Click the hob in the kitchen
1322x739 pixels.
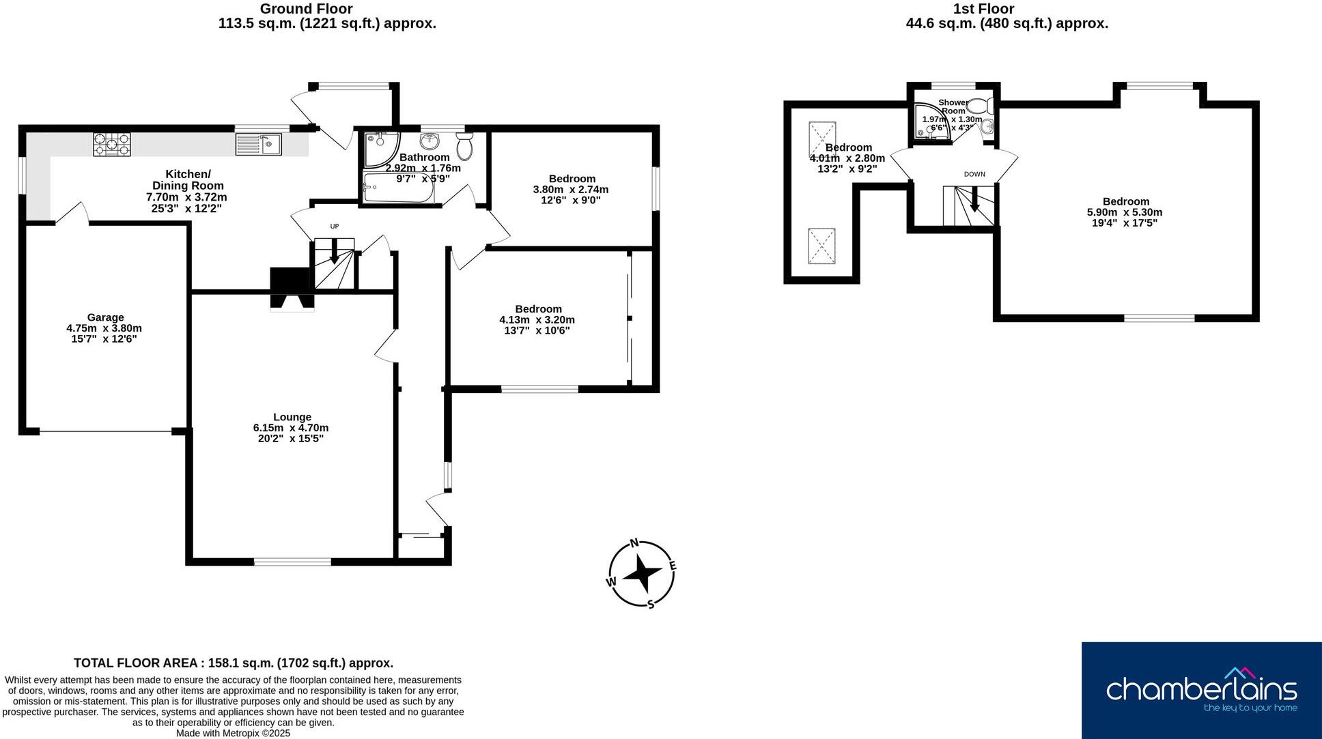tap(112, 144)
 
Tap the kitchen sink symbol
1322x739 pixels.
tap(258, 144)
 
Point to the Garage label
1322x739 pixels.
tap(105, 317)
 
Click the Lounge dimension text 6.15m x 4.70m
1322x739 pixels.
tap(290, 428)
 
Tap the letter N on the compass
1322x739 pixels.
tap(634, 543)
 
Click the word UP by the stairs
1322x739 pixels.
tap(335, 227)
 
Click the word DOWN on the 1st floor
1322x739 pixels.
tap(974, 174)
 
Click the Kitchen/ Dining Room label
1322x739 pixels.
tap(188, 179)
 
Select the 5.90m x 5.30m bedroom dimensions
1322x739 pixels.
tap(1125, 212)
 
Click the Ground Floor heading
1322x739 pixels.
tap(307, 9)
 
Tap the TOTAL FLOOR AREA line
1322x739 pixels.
tap(234, 663)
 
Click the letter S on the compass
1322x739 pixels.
tap(651, 604)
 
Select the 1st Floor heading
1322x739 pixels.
tap(983, 9)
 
